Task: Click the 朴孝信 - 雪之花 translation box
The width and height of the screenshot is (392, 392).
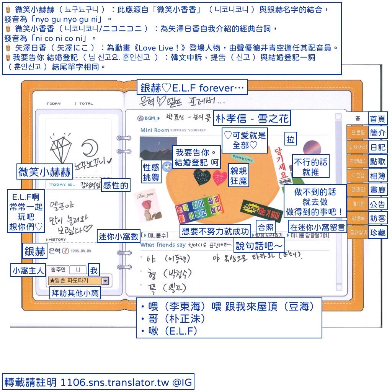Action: pos(252,118)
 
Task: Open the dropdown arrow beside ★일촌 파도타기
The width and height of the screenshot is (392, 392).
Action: pos(105,281)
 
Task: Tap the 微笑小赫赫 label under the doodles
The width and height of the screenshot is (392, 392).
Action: pos(44,172)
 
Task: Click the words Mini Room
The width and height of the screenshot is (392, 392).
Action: pos(155,130)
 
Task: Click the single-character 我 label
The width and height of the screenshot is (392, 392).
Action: pos(93,271)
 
